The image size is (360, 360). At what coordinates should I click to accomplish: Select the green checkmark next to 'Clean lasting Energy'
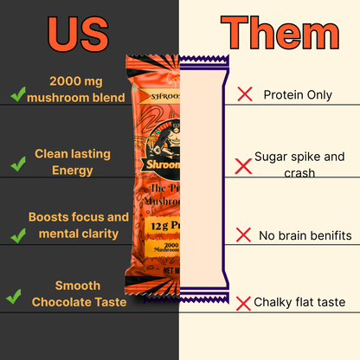tap(16, 162)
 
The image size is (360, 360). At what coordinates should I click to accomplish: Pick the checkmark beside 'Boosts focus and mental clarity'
tap(16, 227)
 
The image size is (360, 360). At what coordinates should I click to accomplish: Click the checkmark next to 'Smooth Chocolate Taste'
tap(14, 297)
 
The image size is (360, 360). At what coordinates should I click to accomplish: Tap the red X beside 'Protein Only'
tap(244, 93)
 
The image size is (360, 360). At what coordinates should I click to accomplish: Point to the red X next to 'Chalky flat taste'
tap(244, 302)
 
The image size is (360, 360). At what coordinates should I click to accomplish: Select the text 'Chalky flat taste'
tap(299, 302)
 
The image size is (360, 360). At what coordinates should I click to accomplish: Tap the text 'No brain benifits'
tap(305, 235)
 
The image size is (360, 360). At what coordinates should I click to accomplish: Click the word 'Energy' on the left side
tap(72, 170)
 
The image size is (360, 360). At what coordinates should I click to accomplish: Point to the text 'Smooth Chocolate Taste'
tap(78, 293)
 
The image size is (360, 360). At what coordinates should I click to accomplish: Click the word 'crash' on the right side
tap(298, 173)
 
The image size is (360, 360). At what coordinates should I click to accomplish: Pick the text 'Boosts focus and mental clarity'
tap(78, 224)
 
